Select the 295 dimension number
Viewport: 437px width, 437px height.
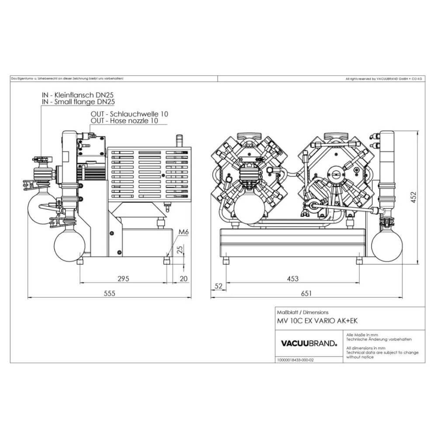pyautogui.click(x=124, y=279)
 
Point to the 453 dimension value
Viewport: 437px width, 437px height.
pyautogui.click(x=292, y=279)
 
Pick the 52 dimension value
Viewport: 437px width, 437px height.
pyautogui.click(x=219, y=286)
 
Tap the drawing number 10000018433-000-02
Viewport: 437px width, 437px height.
pyautogui.click(x=295, y=361)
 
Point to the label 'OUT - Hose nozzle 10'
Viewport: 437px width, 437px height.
pyautogui.click(x=124, y=121)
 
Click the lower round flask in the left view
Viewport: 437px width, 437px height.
pyautogui.click(x=69, y=246)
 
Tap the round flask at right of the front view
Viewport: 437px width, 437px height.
pyautogui.click(x=386, y=243)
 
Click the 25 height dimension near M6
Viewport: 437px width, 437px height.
pyautogui.click(x=179, y=250)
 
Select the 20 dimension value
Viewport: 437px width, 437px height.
pyautogui.click(x=183, y=279)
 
